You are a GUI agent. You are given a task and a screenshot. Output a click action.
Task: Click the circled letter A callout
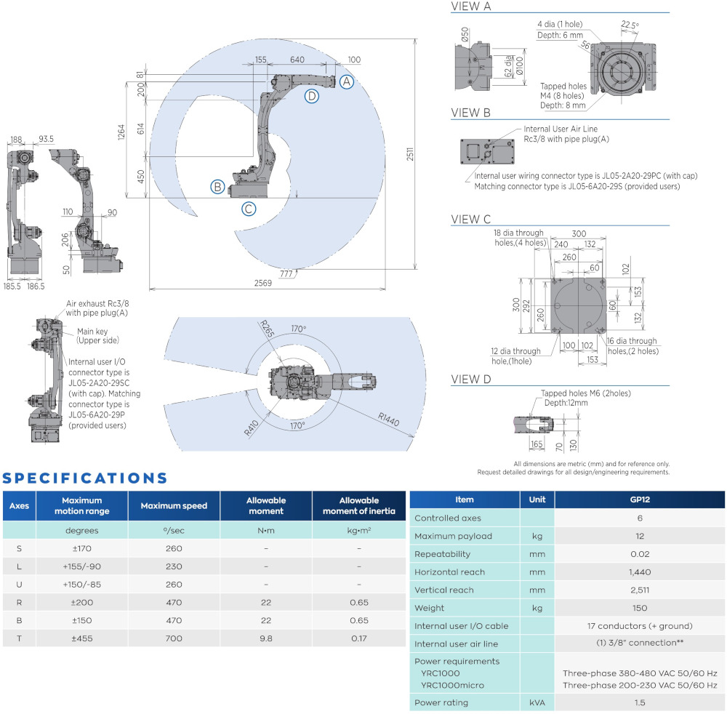point(348,82)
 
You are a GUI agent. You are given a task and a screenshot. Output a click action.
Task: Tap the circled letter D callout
point(311,96)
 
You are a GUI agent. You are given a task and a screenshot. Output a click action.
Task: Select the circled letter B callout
point(217,187)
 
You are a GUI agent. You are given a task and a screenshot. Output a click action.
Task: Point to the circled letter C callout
point(249,209)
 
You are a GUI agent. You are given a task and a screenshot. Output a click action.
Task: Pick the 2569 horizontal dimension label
point(264,284)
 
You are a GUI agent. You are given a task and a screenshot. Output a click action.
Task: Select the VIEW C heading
point(471,219)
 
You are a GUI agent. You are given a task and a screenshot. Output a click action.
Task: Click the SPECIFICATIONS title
point(85,478)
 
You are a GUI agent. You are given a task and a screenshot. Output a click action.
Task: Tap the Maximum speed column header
point(174,505)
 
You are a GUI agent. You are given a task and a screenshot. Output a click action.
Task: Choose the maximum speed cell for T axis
point(174,638)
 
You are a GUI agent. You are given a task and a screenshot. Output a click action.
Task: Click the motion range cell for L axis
point(81,566)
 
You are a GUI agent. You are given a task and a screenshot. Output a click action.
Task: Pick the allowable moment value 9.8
point(266,638)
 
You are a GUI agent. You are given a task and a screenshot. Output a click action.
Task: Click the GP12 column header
point(639,500)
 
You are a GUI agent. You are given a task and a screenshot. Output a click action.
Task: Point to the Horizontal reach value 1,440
point(639,571)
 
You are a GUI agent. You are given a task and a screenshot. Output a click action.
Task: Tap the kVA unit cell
point(537,702)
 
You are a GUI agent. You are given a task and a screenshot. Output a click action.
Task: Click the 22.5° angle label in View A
point(630,25)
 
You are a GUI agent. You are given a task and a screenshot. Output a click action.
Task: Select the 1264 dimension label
point(122,130)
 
